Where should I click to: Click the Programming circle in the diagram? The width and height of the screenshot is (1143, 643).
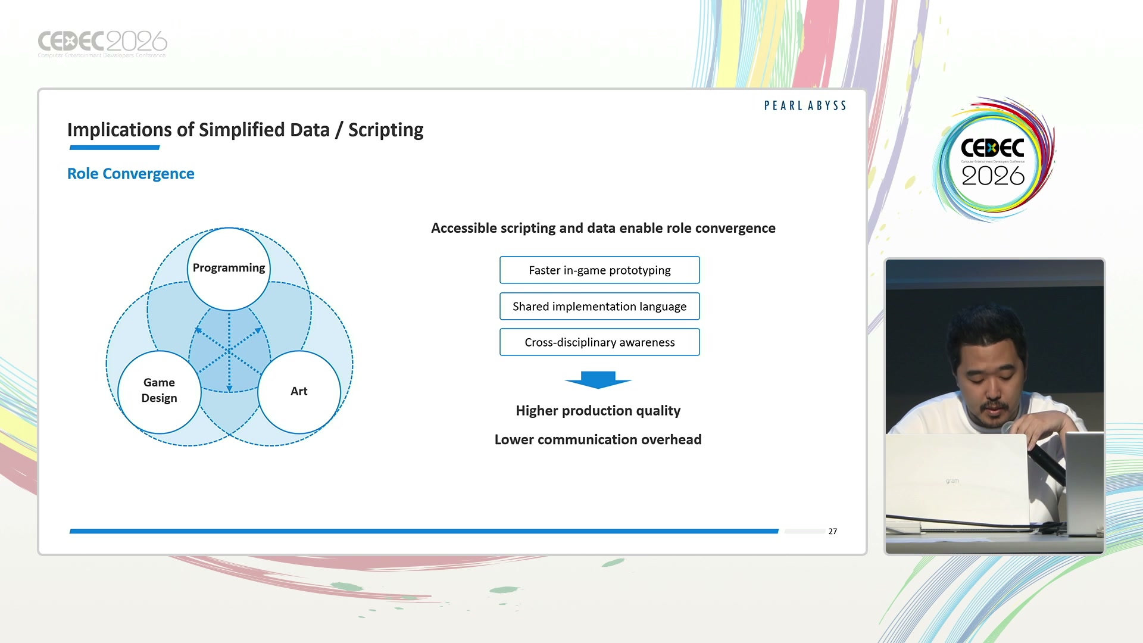(x=229, y=269)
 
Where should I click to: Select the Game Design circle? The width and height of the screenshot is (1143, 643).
(x=159, y=391)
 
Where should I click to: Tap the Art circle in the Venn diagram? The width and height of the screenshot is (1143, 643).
(x=299, y=391)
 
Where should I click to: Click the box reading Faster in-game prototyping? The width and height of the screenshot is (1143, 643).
(x=599, y=270)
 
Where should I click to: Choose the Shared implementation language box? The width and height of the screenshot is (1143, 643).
(x=599, y=307)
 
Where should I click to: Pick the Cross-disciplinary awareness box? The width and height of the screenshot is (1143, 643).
(x=599, y=342)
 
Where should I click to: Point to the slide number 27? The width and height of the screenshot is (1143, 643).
(x=832, y=531)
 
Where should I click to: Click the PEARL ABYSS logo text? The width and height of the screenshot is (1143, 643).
(x=805, y=105)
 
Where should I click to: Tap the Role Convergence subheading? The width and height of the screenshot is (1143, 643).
(x=130, y=174)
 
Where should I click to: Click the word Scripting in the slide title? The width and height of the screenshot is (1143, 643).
(x=386, y=130)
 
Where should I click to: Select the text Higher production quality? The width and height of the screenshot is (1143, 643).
(x=598, y=411)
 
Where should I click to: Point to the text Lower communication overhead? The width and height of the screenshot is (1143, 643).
(x=598, y=439)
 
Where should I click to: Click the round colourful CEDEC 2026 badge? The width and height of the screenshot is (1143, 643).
(x=992, y=160)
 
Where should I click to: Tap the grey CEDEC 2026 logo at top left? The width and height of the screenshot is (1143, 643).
(x=102, y=43)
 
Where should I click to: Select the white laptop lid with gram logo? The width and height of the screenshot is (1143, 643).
(x=957, y=479)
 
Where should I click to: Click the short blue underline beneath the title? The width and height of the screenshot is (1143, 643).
(x=114, y=147)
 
